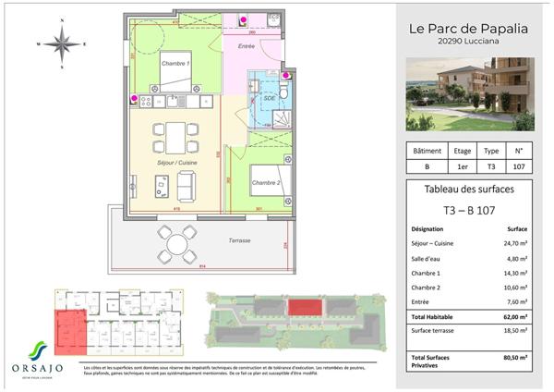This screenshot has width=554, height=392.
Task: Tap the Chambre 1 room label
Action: [x=175, y=63]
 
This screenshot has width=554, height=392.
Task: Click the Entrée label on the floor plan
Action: [x=246, y=44]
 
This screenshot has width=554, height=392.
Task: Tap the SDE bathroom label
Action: [x=270, y=96]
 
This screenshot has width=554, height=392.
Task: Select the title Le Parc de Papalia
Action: [x=468, y=29]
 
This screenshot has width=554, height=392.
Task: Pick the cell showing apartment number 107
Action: [x=518, y=168]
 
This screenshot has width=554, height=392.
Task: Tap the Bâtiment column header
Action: [x=427, y=151]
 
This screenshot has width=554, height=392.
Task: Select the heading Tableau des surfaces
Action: [x=468, y=190]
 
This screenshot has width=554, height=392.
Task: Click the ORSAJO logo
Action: [x=40, y=363]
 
